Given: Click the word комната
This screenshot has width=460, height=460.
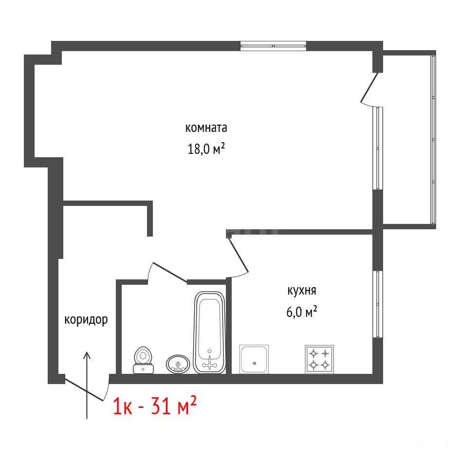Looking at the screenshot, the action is click(206, 128).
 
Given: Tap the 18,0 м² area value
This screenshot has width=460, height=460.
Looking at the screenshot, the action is click(206, 148).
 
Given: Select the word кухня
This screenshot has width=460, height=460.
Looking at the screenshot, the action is click(302, 291).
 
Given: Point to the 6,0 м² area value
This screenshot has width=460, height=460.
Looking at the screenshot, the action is click(302, 312).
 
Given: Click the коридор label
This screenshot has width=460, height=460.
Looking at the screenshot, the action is click(86, 320).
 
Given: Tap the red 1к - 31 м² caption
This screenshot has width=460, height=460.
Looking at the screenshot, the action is click(155, 405).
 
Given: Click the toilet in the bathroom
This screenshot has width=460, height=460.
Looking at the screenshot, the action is click(143, 360).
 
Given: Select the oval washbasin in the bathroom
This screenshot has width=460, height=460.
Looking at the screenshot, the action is click(178, 364).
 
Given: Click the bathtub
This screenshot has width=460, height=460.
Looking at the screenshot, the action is click(209, 332).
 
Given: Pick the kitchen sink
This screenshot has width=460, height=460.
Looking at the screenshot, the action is click(254, 359).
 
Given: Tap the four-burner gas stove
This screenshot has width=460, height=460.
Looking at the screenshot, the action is click(319, 359).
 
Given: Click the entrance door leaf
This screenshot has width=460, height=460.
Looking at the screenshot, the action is click(84, 389).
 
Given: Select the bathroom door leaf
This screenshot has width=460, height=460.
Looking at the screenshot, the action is click(170, 273).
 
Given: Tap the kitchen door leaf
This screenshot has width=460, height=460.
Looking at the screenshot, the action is click(238, 254).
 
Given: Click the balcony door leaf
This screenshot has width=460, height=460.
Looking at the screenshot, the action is click(369, 88).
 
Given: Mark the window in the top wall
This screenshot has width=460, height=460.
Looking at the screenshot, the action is click(273, 46).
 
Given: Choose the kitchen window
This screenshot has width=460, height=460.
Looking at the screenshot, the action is click(378, 304).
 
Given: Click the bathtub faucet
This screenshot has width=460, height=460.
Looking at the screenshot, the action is click(209, 363).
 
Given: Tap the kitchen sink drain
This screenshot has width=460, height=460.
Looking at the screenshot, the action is click(255, 363).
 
